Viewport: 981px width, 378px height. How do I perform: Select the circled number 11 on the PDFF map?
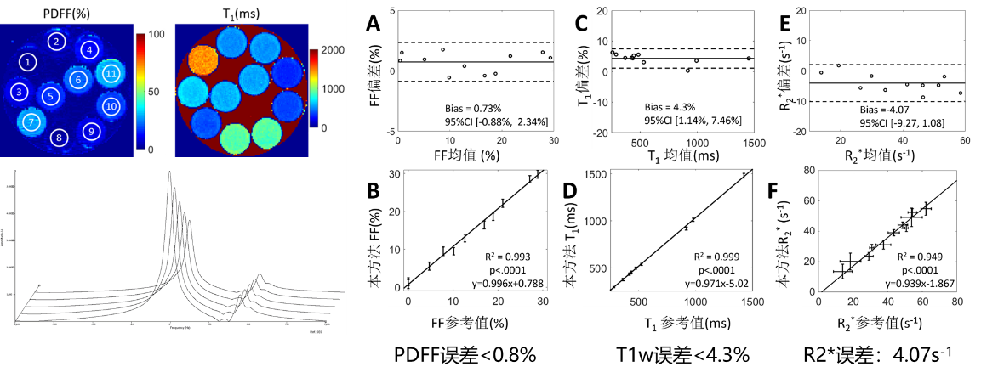111,73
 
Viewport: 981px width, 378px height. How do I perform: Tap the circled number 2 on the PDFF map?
56,42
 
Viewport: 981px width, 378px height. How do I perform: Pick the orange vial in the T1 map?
200,60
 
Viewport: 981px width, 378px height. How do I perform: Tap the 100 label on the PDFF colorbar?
156,35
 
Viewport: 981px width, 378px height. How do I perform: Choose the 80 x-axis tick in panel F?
957,301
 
